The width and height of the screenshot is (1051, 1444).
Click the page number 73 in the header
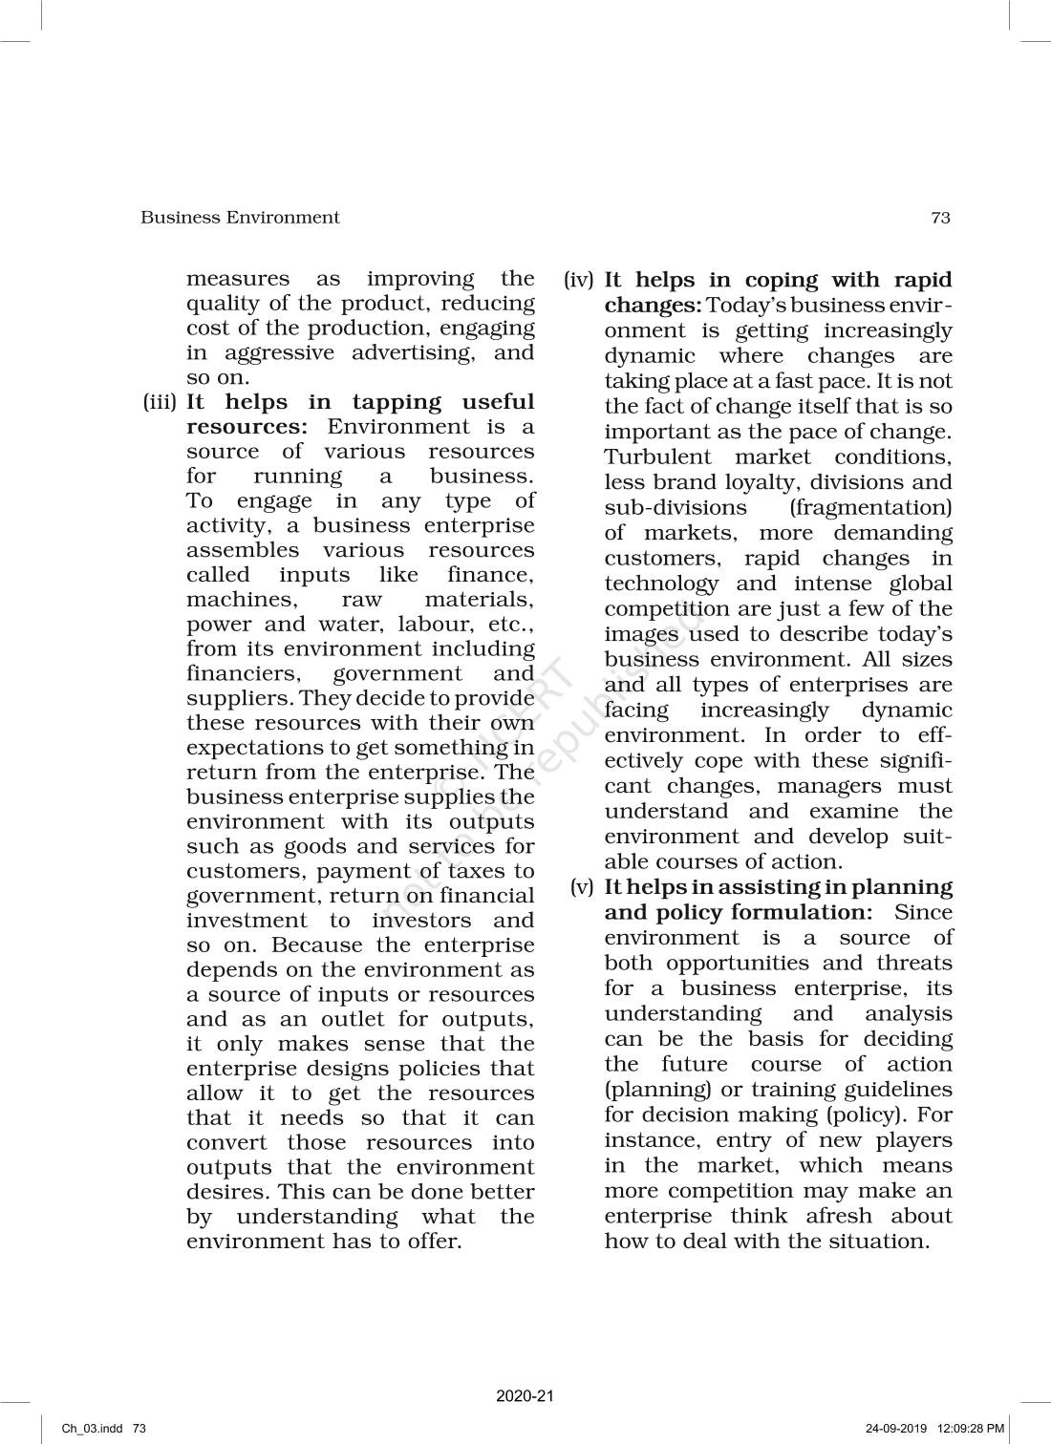tap(940, 218)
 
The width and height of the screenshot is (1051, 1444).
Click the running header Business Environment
tap(240, 218)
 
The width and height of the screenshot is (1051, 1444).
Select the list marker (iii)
tap(161, 403)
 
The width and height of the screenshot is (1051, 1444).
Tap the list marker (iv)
tap(579, 281)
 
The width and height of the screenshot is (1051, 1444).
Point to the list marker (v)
tap(583, 887)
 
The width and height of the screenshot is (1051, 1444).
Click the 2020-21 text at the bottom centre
tap(525, 1396)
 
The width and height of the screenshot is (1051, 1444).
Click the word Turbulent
tap(658, 457)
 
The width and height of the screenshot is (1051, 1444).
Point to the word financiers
tap(242, 674)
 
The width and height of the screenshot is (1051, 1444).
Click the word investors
tap(421, 921)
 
